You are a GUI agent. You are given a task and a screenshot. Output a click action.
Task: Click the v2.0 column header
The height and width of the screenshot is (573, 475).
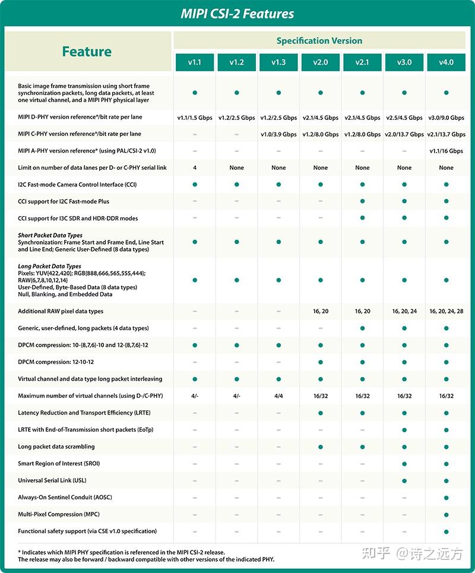tap(320, 62)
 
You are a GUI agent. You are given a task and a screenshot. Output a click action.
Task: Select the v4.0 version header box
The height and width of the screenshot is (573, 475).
tap(446, 62)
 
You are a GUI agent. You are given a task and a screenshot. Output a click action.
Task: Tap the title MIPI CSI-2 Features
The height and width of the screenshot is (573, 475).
tap(237, 14)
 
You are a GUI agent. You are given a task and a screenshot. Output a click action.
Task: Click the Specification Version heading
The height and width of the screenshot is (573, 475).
tap(319, 41)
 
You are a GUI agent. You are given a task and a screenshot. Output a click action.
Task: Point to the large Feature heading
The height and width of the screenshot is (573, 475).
tap(87, 52)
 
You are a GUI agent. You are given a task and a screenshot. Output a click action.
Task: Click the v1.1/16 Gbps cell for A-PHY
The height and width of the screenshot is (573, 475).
tap(446, 151)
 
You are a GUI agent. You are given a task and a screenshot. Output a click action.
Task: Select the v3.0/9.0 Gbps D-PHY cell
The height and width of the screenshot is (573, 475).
tap(446, 118)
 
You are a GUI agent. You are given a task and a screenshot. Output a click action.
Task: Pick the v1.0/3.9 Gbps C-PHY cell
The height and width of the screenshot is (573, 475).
tap(278, 134)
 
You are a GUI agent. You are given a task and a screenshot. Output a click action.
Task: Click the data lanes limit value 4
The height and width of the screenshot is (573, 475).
tap(195, 167)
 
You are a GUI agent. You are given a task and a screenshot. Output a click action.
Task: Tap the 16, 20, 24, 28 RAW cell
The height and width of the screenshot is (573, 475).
tap(446, 311)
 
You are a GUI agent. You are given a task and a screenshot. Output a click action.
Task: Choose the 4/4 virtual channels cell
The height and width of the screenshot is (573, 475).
tap(278, 395)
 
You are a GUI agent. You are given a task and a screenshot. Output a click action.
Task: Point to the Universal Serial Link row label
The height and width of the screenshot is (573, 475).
tap(52, 480)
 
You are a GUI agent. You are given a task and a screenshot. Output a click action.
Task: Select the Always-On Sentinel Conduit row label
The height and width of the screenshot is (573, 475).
tap(65, 497)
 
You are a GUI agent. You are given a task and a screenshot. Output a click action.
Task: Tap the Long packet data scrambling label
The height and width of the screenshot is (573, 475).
tap(56, 447)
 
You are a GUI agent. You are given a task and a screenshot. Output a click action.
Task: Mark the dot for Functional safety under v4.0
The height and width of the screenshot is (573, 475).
tap(446, 531)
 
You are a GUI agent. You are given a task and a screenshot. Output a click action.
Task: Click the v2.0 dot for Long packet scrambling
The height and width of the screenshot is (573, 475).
tap(320, 447)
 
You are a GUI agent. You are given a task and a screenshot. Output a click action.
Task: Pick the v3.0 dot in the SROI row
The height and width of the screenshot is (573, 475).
tap(404, 463)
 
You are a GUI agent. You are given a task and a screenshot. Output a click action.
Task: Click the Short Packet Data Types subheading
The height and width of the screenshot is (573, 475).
tap(50, 235)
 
